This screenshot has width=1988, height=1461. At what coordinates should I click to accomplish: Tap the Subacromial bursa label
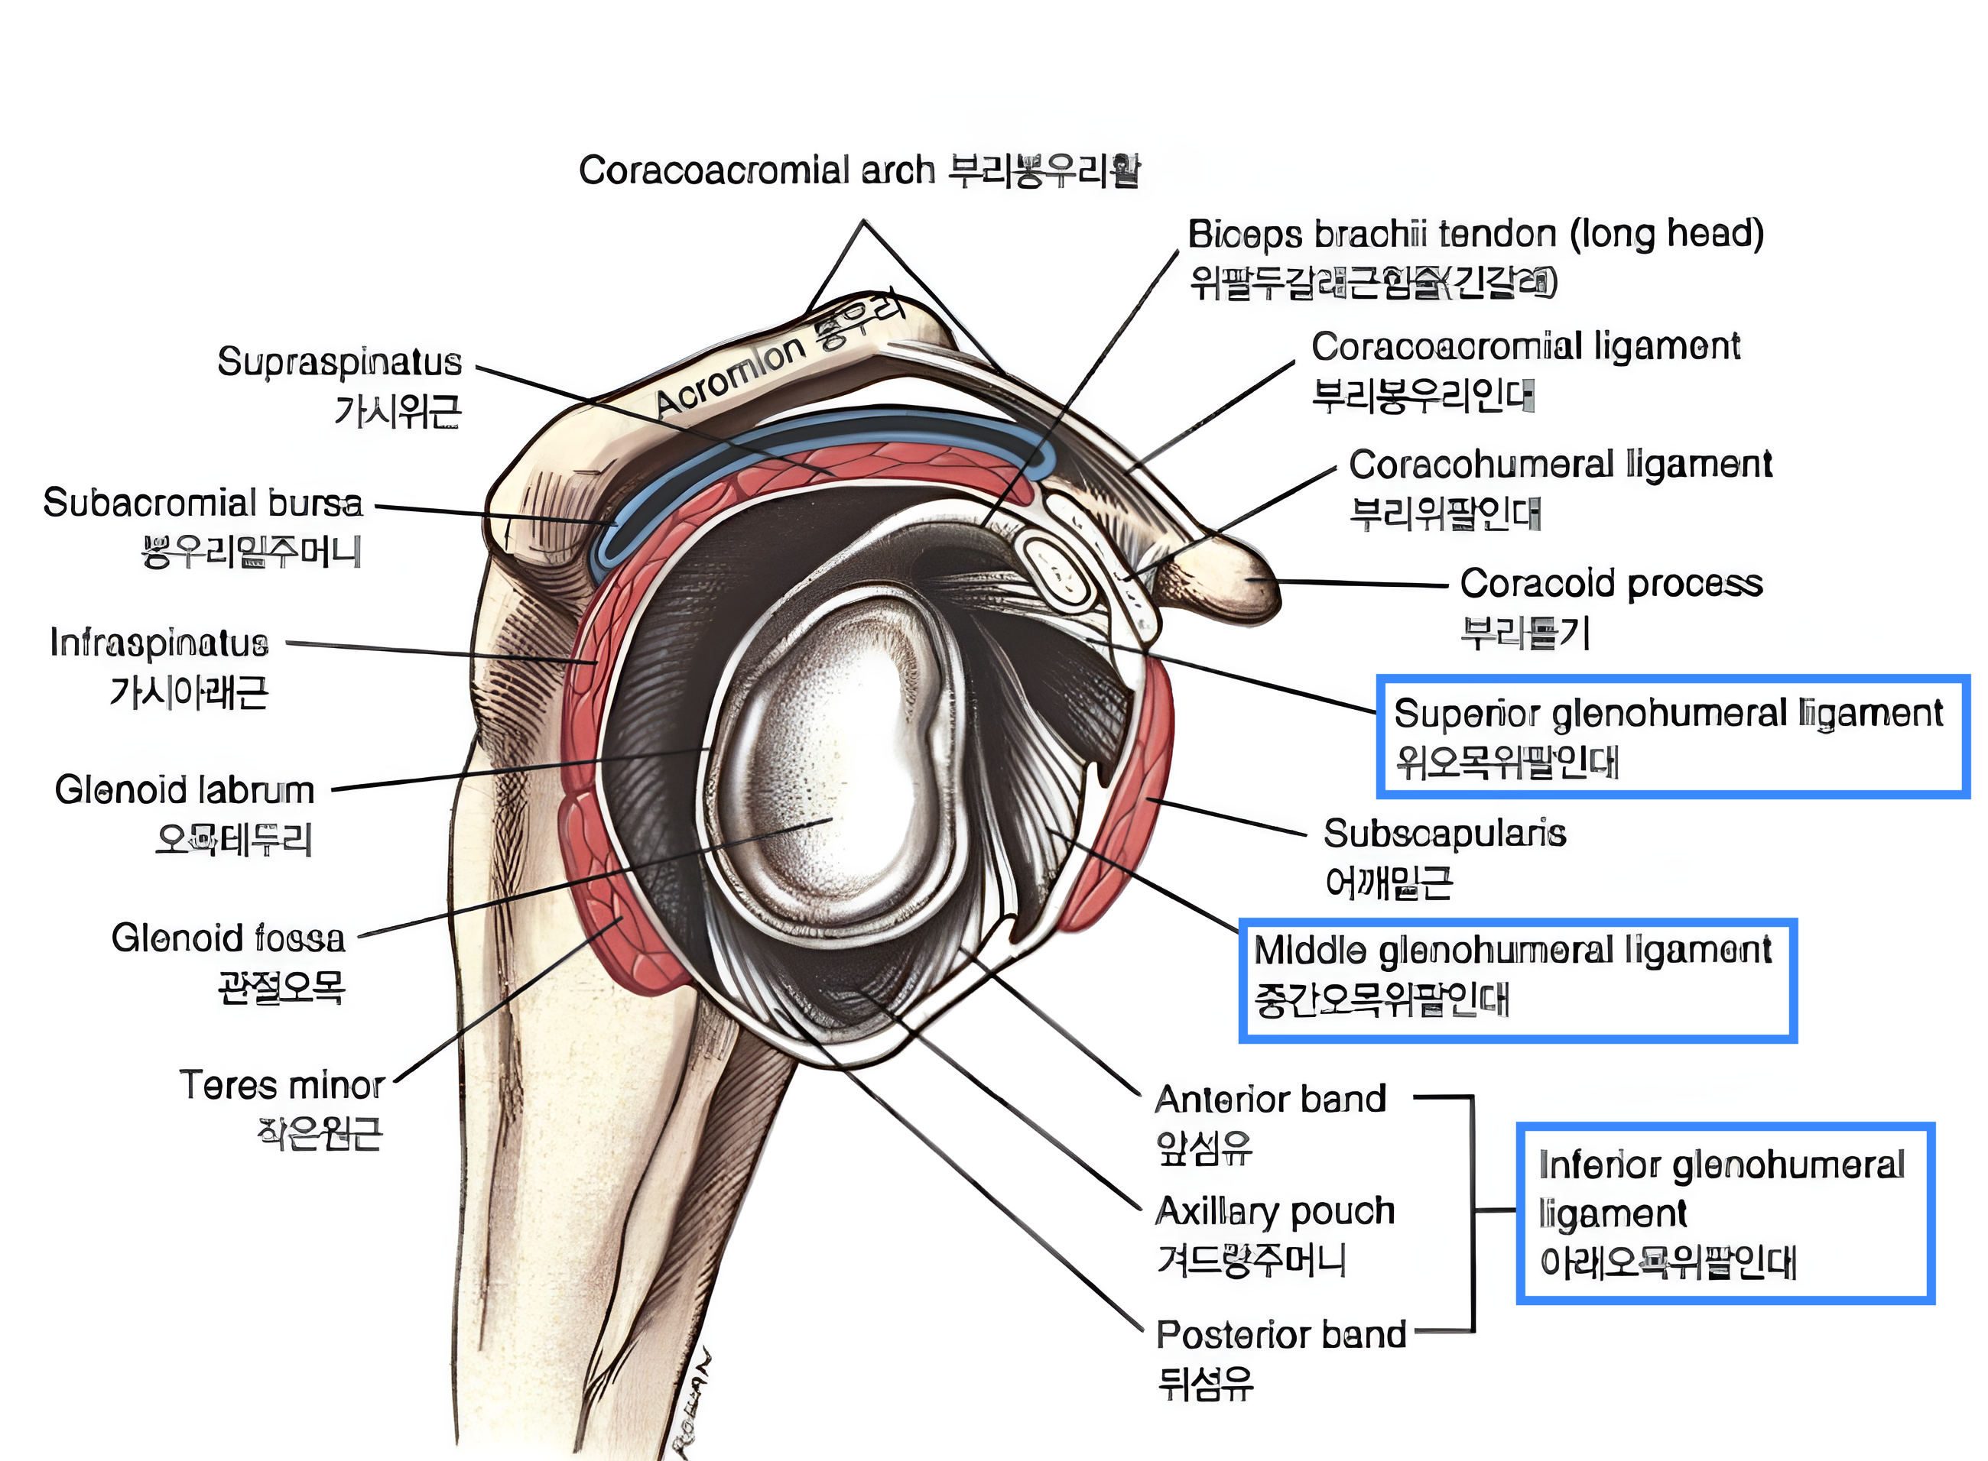tap(203, 504)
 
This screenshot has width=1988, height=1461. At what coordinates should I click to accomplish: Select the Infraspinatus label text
tap(159, 643)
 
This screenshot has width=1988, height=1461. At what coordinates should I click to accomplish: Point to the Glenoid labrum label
tap(185, 790)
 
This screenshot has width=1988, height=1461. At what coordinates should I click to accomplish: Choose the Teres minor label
tap(281, 1085)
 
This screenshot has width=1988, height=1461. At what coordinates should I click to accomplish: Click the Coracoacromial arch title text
tap(756, 170)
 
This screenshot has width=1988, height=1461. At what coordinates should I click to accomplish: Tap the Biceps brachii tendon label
tap(1475, 235)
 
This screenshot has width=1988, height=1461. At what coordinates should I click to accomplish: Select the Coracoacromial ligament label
tap(1525, 347)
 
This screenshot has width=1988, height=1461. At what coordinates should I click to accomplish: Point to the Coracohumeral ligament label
tap(1560, 465)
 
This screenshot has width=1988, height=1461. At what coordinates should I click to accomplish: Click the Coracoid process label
tap(1611, 584)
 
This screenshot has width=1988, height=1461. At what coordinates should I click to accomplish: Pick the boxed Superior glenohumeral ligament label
tap(1668, 713)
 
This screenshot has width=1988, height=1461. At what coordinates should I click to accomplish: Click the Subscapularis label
tap(1444, 833)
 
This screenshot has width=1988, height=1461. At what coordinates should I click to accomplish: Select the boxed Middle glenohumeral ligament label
tap(1512, 951)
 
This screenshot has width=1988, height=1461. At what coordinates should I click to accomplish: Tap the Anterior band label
tap(1269, 1100)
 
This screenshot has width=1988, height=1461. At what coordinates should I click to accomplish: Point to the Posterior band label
tap(1280, 1334)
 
